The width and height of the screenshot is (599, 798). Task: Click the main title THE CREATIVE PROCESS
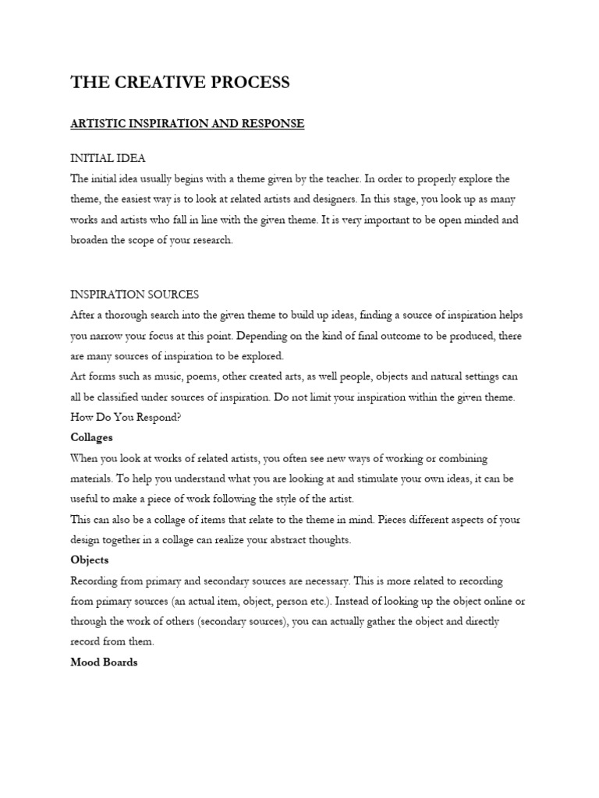[180, 83]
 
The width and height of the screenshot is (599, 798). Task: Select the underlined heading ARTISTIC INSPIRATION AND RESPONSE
[187, 124]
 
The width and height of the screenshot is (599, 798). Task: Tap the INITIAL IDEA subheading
[108, 158]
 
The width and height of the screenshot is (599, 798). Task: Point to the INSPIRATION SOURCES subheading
[135, 295]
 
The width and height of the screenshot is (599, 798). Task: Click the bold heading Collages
[91, 437]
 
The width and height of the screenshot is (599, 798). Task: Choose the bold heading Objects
[90, 560]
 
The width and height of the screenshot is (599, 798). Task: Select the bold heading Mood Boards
[104, 662]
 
